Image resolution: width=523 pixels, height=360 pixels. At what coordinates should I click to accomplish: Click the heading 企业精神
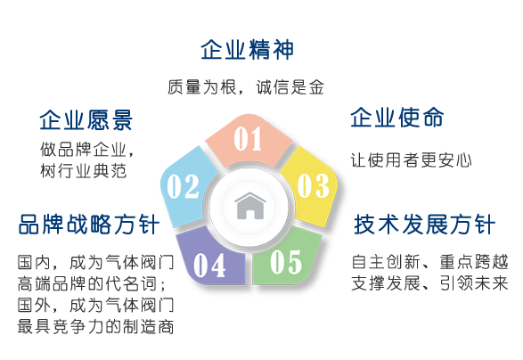(247, 50)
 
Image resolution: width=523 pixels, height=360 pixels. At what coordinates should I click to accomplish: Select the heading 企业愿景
(86, 119)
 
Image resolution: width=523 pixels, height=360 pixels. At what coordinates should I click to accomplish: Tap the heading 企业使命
(396, 118)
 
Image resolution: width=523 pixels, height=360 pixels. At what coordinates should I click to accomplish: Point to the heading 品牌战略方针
(89, 225)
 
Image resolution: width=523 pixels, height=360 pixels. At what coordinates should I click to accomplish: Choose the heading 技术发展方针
(425, 225)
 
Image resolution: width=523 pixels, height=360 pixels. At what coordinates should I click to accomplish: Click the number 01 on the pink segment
(248, 139)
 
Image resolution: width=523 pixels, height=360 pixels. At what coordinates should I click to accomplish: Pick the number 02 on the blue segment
(183, 186)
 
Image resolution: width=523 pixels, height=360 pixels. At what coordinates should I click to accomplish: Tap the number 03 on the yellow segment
(314, 185)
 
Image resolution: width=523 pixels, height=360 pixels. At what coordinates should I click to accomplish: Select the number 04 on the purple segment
(209, 266)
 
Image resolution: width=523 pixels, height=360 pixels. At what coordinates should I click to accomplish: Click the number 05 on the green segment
(286, 262)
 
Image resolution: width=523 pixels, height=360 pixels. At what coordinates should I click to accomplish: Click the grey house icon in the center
(250, 206)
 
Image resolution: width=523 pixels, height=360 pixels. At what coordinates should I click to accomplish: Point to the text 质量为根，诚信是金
(246, 87)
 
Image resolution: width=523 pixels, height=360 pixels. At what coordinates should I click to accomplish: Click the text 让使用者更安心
(412, 160)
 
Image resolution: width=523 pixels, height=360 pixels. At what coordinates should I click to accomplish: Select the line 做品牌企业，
(87, 150)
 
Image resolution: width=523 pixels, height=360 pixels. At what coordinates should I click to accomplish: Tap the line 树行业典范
(84, 171)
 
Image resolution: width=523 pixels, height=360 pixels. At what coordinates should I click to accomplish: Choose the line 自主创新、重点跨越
(430, 262)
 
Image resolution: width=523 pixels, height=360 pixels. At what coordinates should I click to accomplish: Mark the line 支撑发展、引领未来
(430, 283)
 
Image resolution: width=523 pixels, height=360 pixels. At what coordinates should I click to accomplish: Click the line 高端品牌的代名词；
(92, 283)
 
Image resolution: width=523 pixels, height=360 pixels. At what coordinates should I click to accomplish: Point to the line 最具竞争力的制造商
(95, 326)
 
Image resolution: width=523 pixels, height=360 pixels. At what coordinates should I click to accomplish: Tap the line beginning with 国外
(95, 305)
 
